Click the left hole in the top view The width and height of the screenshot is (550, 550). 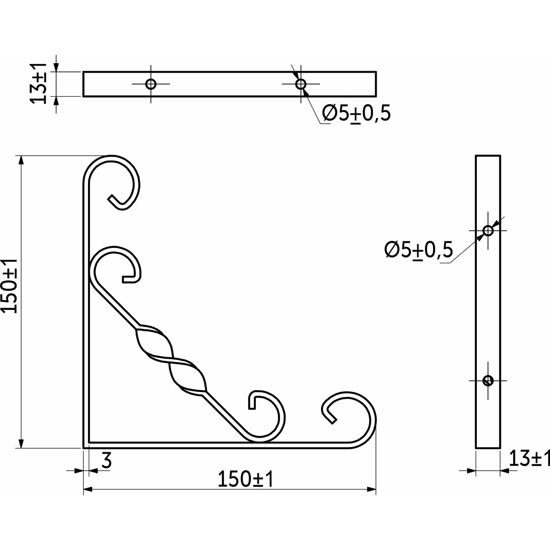[x=151, y=84]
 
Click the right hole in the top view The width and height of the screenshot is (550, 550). [x=301, y=84]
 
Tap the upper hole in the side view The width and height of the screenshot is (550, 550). [x=488, y=230]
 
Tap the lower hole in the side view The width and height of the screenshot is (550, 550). [x=488, y=380]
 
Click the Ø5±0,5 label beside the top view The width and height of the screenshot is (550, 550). [x=356, y=113]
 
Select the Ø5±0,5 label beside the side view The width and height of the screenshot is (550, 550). [x=418, y=249]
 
